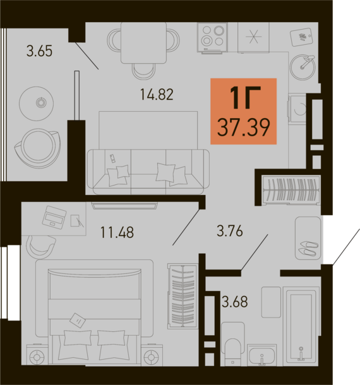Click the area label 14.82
(x=157, y=94)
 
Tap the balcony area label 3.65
(x=39, y=51)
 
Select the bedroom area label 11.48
(x=117, y=232)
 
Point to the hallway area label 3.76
(x=230, y=231)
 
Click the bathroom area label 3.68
(x=235, y=302)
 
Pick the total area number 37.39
(x=244, y=127)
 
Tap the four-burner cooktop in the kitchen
(x=212, y=37)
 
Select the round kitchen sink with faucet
(x=303, y=67)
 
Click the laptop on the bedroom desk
(x=54, y=217)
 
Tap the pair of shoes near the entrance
(x=308, y=248)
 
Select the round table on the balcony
(x=37, y=104)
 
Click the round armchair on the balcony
(x=37, y=148)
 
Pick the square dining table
(x=144, y=43)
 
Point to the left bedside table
(x=37, y=355)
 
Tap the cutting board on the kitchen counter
(x=301, y=37)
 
